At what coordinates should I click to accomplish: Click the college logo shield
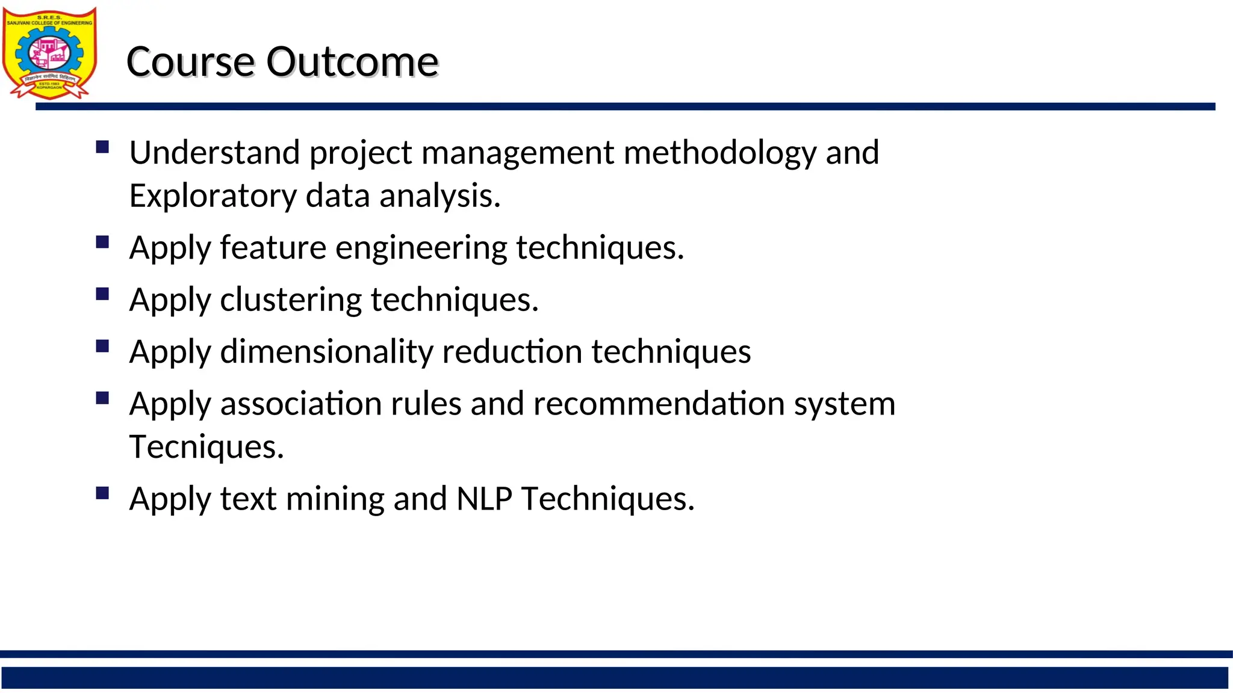click(x=49, y=53)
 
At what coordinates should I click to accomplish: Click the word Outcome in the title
click(x=352, y=62)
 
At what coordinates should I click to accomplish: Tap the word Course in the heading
click(x=191, y=62)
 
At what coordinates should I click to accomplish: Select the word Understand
click(x=214, y=152)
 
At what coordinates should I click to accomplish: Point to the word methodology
click(x=720, y=153)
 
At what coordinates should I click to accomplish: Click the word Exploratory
click(x=213, y=197)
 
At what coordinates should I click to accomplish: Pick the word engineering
click(x=421, y=248)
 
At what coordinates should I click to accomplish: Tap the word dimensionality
click(x=326, y=352)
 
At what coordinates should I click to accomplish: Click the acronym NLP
click(x=485, y=499)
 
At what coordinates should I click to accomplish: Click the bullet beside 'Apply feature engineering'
click(x=102, y=242)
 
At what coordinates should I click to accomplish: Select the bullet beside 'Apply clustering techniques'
click(x=102, y=294)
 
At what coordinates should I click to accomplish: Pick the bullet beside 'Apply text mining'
click(x=102, y=493)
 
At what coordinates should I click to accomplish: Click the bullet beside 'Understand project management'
click(x=102, y=147)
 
